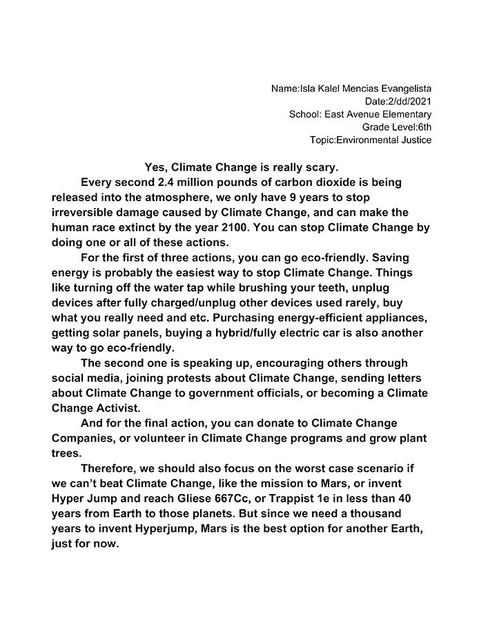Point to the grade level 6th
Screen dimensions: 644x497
coord(425,127)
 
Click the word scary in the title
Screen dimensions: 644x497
coord(322,167)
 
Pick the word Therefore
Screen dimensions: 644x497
coord(110,468)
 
